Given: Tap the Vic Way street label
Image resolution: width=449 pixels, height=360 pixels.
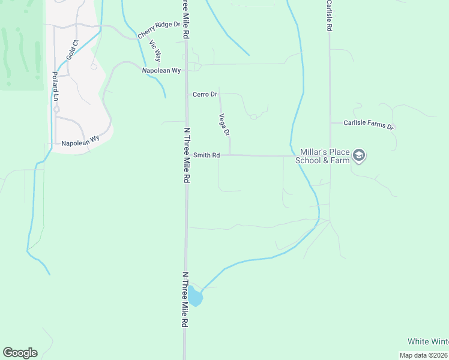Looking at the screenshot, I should pos(155,51).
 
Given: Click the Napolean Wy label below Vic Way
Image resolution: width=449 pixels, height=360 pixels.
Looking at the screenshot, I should pos(161,70).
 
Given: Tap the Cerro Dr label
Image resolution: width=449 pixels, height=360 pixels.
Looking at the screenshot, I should pos(204,95).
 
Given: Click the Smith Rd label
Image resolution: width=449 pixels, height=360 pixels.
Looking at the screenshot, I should pos(206,155).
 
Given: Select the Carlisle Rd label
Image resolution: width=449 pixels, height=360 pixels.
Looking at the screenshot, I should pos(330,16).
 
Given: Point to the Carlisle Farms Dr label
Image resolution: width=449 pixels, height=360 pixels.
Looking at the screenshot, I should pos(368,124).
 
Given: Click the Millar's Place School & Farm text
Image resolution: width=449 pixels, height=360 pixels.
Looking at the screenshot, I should pos(325,156).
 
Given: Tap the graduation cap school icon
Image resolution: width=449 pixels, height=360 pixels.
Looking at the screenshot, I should pos(359,156).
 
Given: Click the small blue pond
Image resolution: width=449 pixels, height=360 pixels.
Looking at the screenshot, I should pos(195,296).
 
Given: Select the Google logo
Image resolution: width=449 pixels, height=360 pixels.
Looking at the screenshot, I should pos(20,353).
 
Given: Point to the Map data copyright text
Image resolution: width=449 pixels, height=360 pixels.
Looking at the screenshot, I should pos(424,355).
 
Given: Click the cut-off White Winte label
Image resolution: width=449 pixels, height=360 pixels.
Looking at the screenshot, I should pos(428,341).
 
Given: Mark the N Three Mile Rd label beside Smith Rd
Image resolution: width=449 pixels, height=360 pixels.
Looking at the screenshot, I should pos(187,155).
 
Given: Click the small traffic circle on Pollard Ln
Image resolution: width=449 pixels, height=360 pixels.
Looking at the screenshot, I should pos(56,110).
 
